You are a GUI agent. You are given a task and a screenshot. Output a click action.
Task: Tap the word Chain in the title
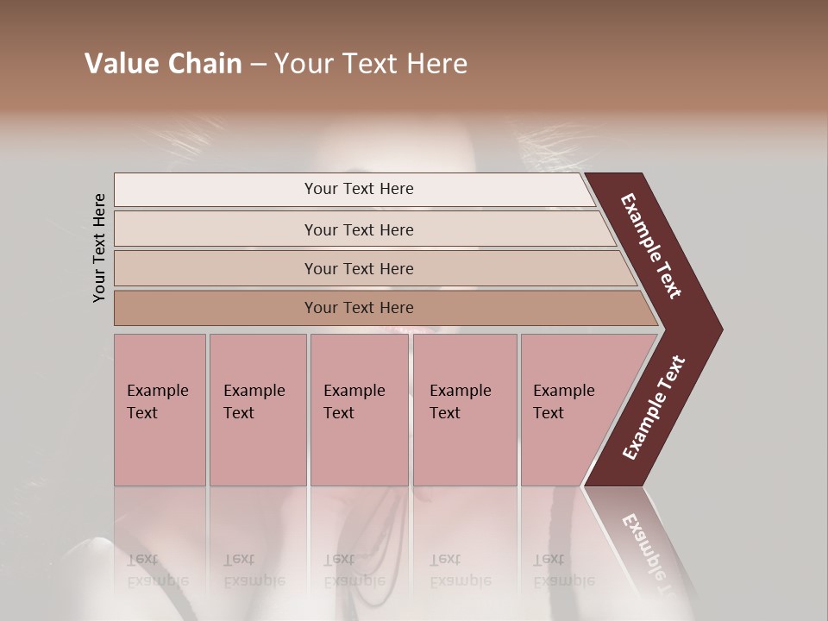pos(202,64)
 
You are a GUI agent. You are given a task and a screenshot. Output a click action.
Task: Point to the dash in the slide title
pos(258,65)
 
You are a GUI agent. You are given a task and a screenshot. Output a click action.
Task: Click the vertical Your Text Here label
pos(99,248)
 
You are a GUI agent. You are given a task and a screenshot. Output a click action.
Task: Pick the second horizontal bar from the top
pos(358,229)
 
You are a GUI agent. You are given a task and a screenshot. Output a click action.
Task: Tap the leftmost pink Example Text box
pos(160,410)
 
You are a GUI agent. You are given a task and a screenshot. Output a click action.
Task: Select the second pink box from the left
pos(258,410)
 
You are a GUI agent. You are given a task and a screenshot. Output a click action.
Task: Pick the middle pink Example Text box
pos(359,410)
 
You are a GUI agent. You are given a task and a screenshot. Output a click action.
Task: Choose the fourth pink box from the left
pos(465,410)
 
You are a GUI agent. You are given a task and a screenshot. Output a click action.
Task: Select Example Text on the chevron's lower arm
pos(654,407)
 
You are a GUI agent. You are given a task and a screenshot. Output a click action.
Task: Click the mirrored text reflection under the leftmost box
pos(158,570)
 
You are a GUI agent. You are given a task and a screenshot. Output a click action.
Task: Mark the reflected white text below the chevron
pos(647,552)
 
